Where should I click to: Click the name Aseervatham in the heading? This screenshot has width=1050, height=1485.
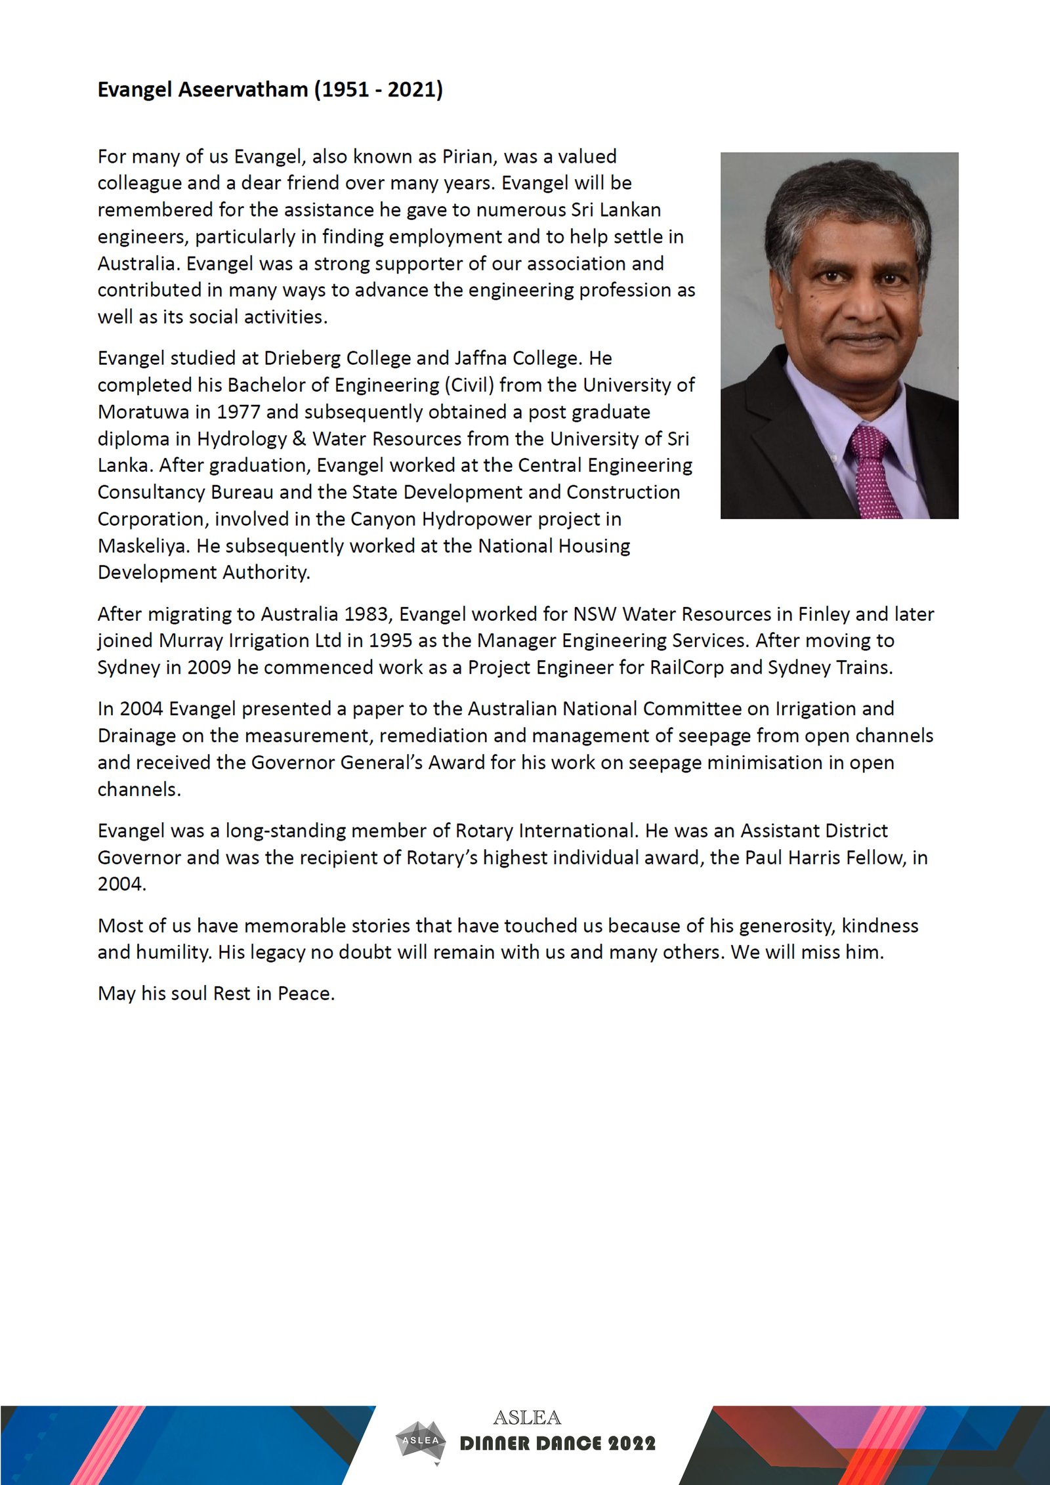pos(243,89)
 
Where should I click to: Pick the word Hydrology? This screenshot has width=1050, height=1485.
pos(241,438)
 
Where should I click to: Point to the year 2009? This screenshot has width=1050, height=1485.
pos(209,667)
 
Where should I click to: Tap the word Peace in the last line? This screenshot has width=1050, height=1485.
pos(306,993)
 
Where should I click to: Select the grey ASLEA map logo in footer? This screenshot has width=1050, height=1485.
pos(421,1440)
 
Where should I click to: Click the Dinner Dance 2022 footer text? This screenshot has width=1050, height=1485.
pos(557,1444)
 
